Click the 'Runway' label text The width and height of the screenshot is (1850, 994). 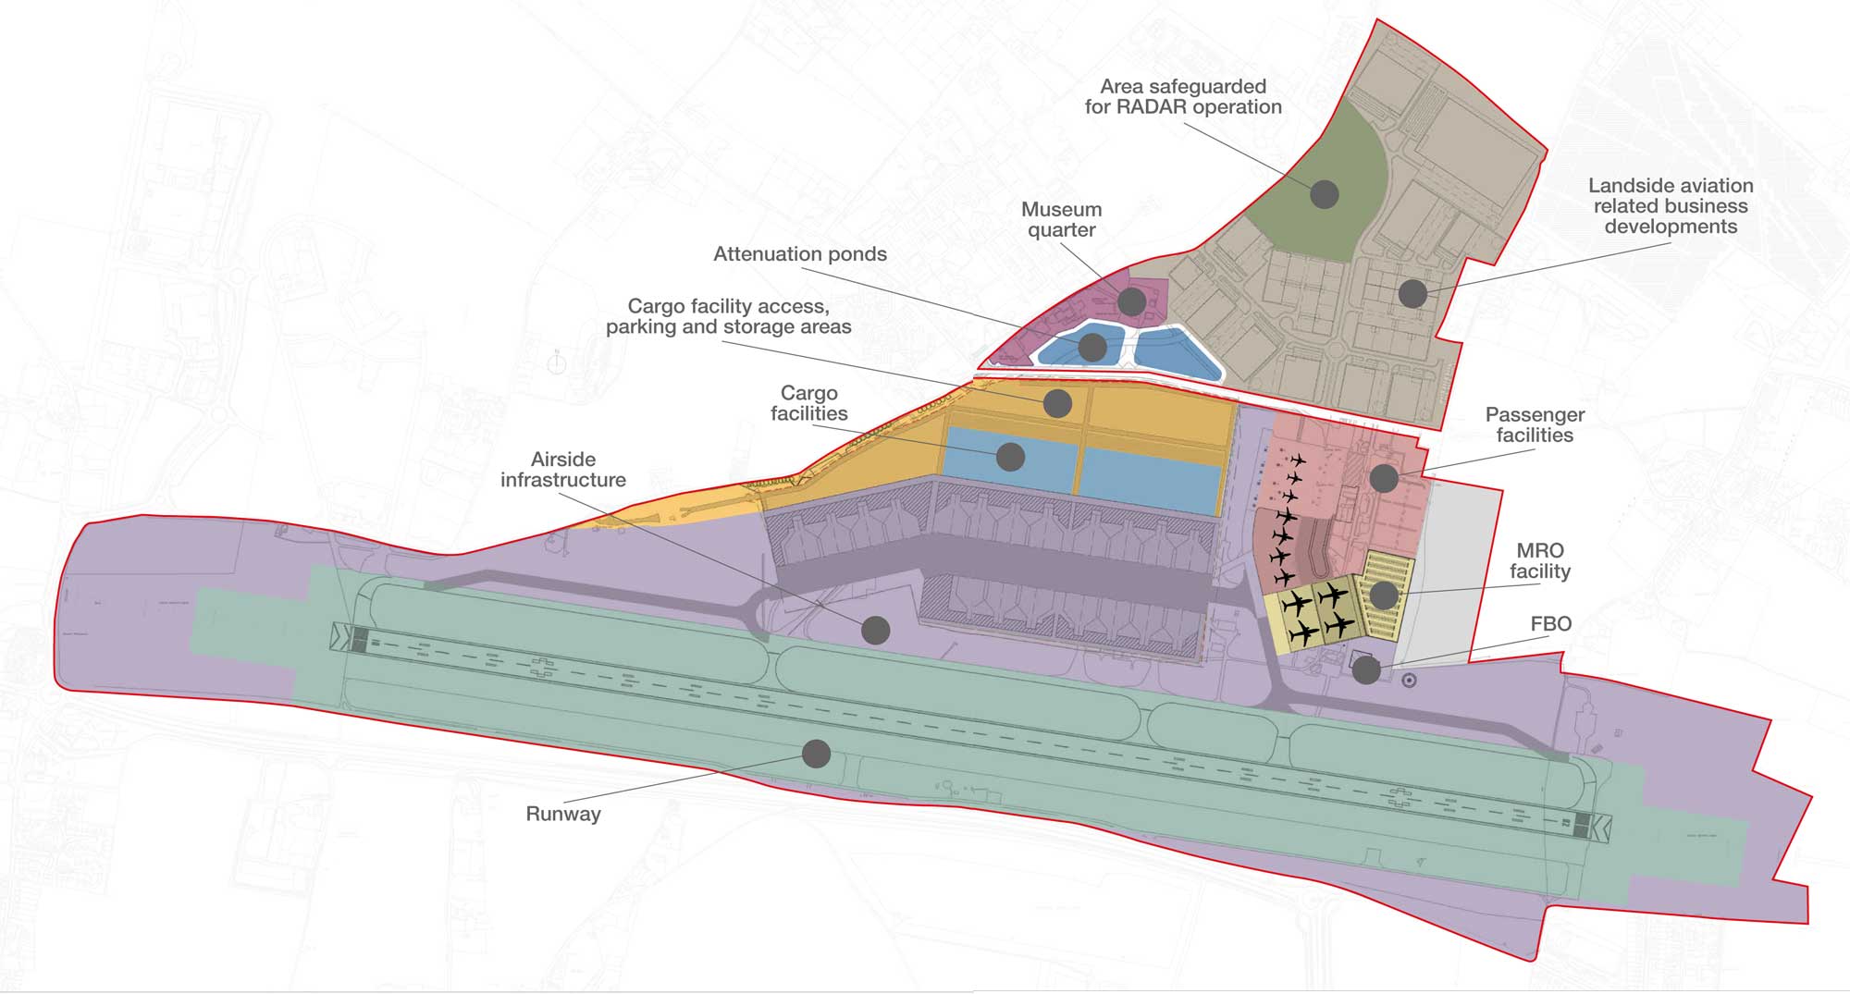562,814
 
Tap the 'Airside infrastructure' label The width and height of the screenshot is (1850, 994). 562,470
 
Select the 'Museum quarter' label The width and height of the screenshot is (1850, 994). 1061,220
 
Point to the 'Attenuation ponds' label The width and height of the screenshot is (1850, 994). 799,254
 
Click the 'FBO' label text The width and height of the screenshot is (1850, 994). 1550,624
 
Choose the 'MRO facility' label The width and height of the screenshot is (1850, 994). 1539,561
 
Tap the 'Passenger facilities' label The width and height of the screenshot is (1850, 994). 1535,425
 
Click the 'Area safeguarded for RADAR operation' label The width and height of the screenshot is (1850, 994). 1183,97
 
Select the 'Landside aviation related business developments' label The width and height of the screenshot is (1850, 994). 1671,206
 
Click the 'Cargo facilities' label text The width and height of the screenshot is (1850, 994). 808,404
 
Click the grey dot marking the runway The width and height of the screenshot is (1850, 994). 816,754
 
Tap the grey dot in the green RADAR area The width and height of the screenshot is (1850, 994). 1325,194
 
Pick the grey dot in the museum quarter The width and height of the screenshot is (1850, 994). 1131,301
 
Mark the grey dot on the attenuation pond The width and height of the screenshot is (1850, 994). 1092,347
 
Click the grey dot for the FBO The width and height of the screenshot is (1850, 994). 1366,670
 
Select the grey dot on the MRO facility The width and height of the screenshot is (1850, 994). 1383,595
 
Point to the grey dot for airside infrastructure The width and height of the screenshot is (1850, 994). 875,630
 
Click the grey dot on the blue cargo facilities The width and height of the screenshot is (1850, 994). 1010,456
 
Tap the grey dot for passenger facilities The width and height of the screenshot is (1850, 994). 1383,478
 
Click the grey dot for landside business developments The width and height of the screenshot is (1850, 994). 1412,293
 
